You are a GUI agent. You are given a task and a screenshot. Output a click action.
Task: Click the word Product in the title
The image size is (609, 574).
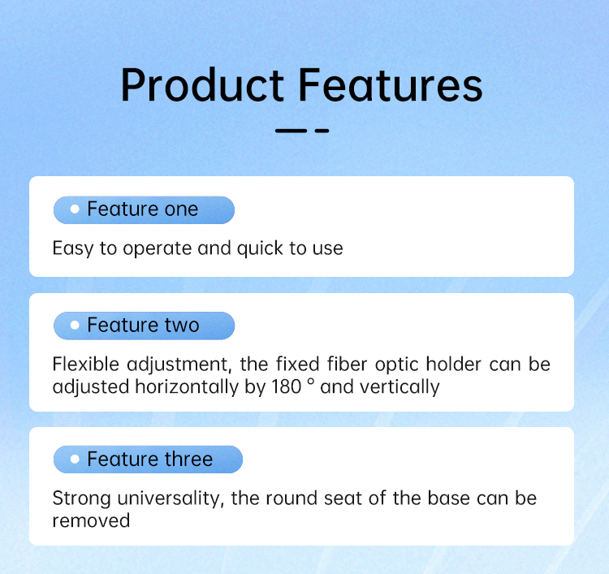pyautogui.click(x=203, y=84)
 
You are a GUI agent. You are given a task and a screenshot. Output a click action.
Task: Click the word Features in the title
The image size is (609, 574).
pyautogui.click(x=391, y=84)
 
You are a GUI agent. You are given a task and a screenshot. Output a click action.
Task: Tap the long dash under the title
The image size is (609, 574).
pyautogui.click(x=292, y=131)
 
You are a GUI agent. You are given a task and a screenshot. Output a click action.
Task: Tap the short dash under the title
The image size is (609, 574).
pyautogui.click(x=322, y=131)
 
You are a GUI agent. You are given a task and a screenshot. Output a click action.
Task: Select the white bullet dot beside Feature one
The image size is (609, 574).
pyautogui.click(x=75, y=209)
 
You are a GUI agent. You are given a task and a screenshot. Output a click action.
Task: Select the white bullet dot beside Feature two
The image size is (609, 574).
pyautogui.click(x=75, y=325)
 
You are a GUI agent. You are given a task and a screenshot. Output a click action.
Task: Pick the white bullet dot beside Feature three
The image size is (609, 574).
pyautogui.click(x=75, y=460)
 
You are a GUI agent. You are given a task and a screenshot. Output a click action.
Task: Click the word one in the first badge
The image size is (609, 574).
pyautogui.click(x=181, y=209)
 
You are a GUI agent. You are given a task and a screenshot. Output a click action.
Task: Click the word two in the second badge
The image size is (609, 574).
pyautogui.click(x=182, y=326)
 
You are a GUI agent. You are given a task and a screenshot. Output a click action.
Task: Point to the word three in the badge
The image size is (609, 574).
pyautogui.click(x=188, y=460)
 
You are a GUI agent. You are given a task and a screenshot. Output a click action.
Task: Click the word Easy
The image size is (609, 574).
pyautogui.click(x=73, y=249)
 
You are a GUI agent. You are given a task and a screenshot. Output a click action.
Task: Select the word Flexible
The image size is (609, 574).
pyautogui.click(x=86, y=365)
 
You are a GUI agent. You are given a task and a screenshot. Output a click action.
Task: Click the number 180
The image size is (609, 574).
pyautogui.click(x=287, y=387)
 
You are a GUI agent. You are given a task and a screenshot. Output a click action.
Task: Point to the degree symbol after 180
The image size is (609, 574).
pyautogui.click(x=310, y=382)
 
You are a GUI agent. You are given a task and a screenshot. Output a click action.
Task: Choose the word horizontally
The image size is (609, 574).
pyautogui.click(x=187, y=387)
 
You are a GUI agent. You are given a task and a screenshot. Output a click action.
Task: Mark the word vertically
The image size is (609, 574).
pyautogui.click(x=400, y=387)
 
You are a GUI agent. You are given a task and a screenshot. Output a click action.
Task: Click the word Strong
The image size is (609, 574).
pyautogui.click(x=81, y=498)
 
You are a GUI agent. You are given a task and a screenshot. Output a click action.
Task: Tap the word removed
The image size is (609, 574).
pyautogui.click(x=91, y=521)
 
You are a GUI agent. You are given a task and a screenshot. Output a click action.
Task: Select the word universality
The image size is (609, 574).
pyautogui.click(x=171, y=498)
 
